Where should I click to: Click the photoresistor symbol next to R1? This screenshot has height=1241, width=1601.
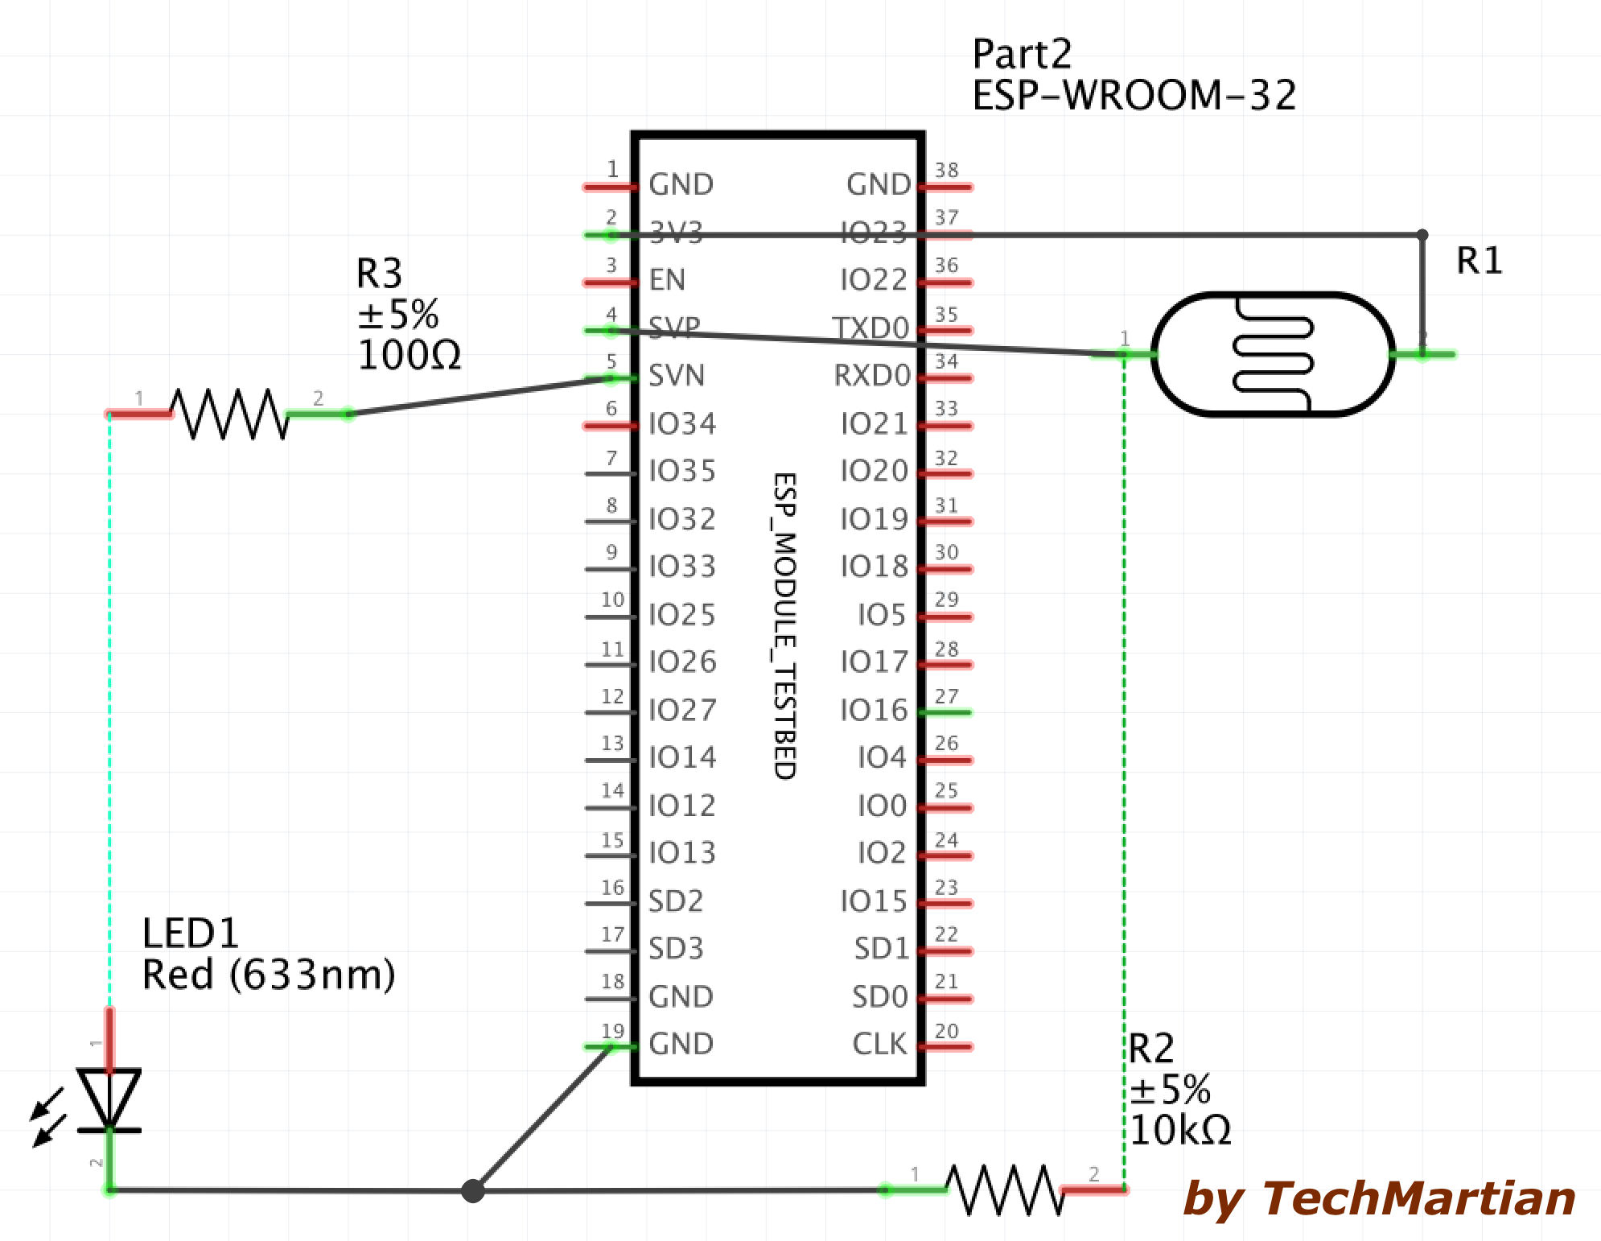(x=1273, y=354)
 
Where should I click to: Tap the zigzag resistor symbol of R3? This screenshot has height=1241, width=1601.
(x=229, y=414)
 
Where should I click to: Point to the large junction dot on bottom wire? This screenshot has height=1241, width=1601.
(x=473, y=1190)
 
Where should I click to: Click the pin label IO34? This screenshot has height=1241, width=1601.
(x=682, y=423)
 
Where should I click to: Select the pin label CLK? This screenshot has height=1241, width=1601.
(x=879, y=1044)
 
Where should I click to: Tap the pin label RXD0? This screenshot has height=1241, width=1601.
(x=871, y=376)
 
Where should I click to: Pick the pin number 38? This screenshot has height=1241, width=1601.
(x=947, y=170)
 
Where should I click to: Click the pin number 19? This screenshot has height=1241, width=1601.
(x=612, y=1031)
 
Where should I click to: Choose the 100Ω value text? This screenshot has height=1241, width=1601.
(x=409, y=355)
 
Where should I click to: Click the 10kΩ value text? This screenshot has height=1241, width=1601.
(x=1179, y=1130)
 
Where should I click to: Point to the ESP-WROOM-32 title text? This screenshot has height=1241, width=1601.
(x=1134, y=95)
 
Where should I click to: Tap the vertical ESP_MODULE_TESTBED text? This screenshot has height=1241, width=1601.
(x=784, y=625)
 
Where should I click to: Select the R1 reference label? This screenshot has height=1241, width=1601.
(x=1479, y=261)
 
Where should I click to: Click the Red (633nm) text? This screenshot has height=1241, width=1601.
(x=269, y=975)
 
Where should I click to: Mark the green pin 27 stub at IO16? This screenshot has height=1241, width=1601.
(x=946, y=712)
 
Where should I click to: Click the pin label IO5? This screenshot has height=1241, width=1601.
(x=882, y=615)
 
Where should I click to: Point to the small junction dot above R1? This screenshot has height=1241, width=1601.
(x=1422, y=235)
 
